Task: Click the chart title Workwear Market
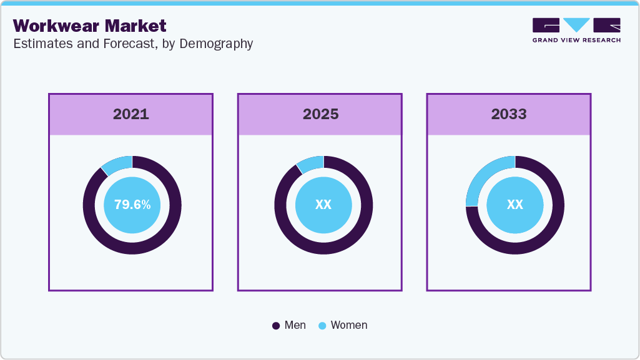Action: [90, 26]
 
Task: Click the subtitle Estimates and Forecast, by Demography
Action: [132, 44]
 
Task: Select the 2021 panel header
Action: [130, 114]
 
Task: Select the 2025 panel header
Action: [320, 114]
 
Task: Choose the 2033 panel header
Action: [509, 114]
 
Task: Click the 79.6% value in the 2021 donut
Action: [132, 205]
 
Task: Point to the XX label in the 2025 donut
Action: [323, 205]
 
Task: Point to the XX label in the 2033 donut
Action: [514, 205]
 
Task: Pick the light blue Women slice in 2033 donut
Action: [483, 176]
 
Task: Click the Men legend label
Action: [295, 325]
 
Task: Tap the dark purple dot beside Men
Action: [276, 326]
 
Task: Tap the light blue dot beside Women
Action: [322, 326]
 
